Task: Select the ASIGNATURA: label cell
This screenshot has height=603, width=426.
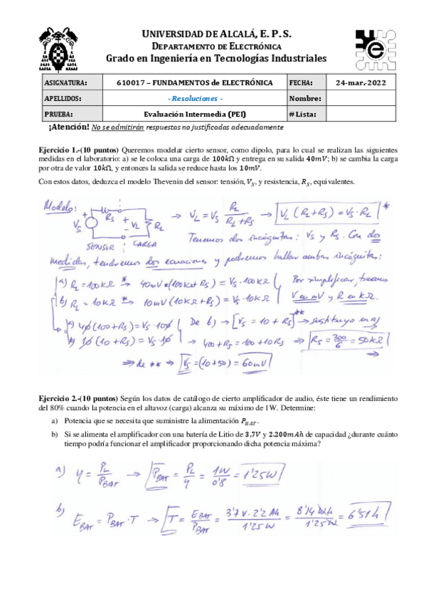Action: point(65,83)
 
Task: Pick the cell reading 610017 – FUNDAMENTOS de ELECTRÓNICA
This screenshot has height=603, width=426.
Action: point(194,83)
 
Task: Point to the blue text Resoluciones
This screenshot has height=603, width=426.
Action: point(194,99)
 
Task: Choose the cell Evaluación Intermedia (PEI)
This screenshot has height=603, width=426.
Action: point(194,114)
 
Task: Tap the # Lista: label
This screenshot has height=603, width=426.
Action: point(304,114)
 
